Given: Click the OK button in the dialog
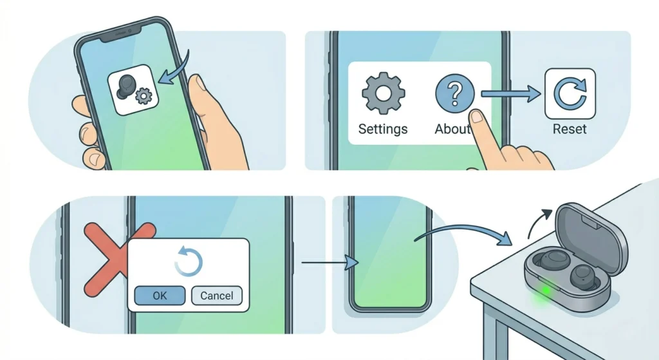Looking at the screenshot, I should pyautogui.click(x=160, y=296).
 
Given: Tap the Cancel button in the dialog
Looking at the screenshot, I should pyautogui.click(x=217, y=296).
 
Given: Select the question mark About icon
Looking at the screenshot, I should pyautogui.click(x=454, y=94).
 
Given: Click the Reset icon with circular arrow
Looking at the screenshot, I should pyautogui.click(x=570, y=94).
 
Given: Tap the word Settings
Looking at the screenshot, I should pyautogui.click(x=383, y=129).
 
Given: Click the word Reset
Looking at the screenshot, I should pyautogui.click(x=570, y=129).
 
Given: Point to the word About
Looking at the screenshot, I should pyautogui.click(x=452, y=129).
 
